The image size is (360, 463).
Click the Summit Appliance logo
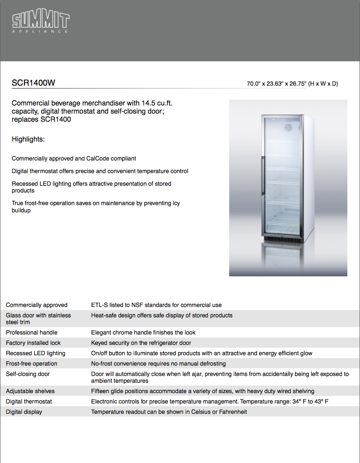click(x=40, y=23)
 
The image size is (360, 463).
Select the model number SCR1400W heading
click(x=33, y=83)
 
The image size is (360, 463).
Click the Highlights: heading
click(x=28, y=139)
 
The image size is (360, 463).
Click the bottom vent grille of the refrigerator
click(x=282, y=238)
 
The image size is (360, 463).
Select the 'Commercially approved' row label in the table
click(x=37, y=305)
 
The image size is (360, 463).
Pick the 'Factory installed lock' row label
click(x=33, y=343)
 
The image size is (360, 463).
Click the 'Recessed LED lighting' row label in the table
click(x=36, y=353)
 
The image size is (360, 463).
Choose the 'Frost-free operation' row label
click(x=32, y=364)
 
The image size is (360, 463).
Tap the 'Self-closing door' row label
click(x=28, y=374)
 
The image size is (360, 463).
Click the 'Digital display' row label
click(x=24, y=412)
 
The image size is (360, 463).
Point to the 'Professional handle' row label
click(x=32, y=333)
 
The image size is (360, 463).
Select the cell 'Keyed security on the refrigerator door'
click(x=141, y=343)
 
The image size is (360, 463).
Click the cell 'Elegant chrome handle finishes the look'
click(x=143, y=333)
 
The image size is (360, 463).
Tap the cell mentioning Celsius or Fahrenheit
click(x=169, y=412)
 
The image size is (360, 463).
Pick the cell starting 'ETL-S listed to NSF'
click(x=156, y=305)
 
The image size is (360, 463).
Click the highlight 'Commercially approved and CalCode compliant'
click(x=74, y=159)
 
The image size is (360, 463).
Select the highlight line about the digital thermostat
click(x=100, y=171)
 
